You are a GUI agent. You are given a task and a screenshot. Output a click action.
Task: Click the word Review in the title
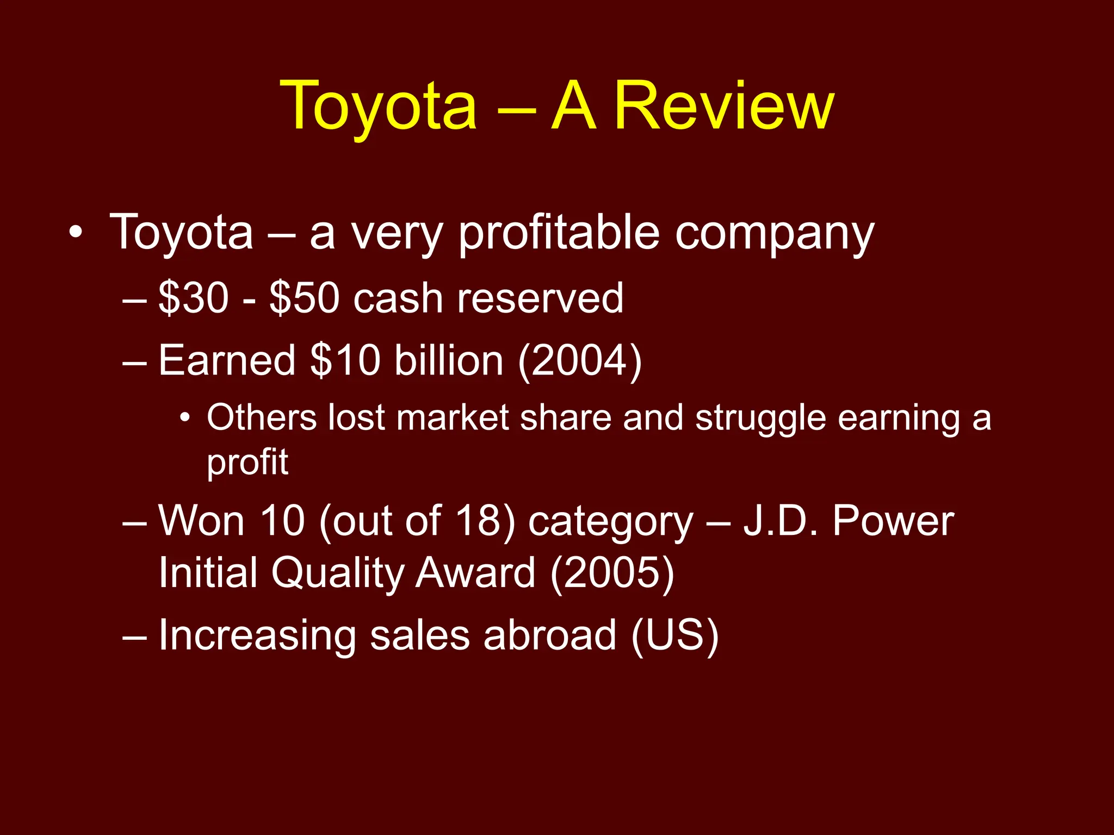(723, 105)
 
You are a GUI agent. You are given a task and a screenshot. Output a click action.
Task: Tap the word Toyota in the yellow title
(378, 105)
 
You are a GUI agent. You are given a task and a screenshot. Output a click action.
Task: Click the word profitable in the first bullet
(559, 233)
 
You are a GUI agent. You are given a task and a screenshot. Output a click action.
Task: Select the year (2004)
(580, 360)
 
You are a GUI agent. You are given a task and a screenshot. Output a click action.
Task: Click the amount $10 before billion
(345, 360)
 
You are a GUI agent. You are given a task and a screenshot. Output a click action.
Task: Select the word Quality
(337, 573)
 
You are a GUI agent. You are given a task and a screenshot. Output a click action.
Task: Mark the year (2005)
(612, 573)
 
